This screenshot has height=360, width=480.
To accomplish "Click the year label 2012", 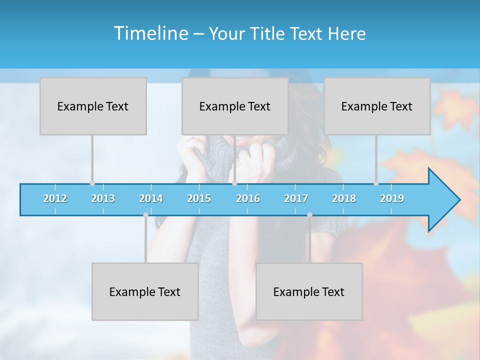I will [55, 198].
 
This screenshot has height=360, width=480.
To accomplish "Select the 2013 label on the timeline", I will [103, 198].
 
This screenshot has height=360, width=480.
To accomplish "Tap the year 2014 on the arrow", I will [151, 198].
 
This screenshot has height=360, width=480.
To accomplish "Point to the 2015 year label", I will [199, 198].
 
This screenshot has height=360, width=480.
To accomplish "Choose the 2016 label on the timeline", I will [248, 198].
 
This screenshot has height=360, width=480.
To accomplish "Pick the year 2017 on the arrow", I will [296, 198].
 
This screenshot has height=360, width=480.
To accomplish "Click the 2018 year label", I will [344, 198].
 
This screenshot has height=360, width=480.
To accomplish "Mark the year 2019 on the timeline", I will [392, 198].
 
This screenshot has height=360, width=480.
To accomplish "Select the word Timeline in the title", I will [150, 33].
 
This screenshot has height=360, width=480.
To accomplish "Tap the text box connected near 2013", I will [93, 106].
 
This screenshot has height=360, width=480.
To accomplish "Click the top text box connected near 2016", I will [235, 106].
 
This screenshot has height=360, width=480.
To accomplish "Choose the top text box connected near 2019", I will [377, 106].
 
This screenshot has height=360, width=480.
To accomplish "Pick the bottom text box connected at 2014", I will [145, 292].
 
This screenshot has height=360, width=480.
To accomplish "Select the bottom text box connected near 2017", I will [309, 292].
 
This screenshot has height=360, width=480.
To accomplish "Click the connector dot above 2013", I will [92, 183].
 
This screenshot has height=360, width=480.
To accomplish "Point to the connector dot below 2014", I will [145, 215].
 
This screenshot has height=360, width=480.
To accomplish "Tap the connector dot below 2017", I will [309, 215].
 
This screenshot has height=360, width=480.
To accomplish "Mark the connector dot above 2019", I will [376, 183].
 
